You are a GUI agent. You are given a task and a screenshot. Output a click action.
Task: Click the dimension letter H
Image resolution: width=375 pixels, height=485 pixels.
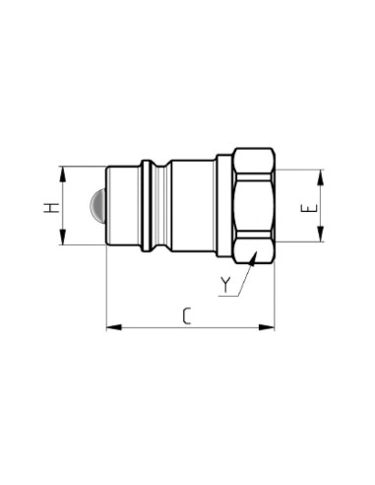[x=52, y=208]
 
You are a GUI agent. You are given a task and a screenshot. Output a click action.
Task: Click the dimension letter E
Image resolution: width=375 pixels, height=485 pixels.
[x=309, y=208]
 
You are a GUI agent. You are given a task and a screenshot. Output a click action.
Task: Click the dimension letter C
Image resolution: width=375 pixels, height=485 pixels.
[x=187, y=316]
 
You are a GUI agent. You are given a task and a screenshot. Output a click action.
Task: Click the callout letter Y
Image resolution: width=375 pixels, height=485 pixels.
[x=225, y=285]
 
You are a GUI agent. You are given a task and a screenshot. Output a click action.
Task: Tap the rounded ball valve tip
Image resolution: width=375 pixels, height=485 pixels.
[x=97, y=205]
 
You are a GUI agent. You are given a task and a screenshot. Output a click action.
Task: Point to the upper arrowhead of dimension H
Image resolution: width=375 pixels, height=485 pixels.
[x=62, y=174]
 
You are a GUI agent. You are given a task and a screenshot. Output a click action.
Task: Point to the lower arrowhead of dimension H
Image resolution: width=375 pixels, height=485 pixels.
[x=62, y=237]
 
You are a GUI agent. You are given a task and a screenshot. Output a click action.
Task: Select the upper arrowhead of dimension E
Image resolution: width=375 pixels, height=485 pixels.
[x=321, y=177]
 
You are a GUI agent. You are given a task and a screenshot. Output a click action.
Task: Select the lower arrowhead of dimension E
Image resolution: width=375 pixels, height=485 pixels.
[x=321, y=234]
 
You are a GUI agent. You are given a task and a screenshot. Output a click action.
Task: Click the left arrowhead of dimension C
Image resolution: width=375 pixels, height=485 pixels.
[x=114, y=327]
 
